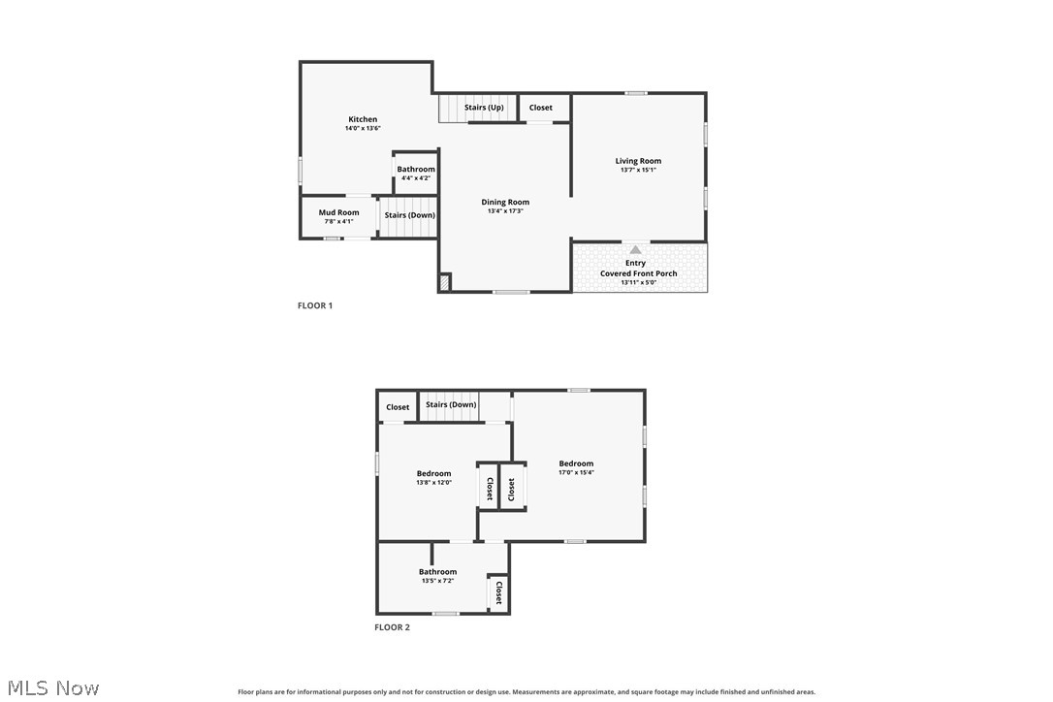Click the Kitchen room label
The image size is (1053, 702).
click(x=363, y=119)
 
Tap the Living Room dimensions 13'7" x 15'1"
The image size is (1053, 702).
click(x=638, y=170)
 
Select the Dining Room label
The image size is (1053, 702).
click(x=505, y=202)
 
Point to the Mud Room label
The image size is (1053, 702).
click(x=338, y=212)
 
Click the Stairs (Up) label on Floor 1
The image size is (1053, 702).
click(x=484, y=108)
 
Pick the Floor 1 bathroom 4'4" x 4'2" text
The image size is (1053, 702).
click(x=416, y=178)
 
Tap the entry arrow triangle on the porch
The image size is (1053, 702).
click(x=635, y=250)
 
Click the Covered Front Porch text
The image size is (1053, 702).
click(x=639, y=273)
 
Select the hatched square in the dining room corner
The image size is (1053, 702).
click(x=445, y=282)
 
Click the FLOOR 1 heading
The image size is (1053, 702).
click(x=315, y=305)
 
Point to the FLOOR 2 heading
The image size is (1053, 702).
click(x=392, y=627)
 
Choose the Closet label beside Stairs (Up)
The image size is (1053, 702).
click(x=541, y=108)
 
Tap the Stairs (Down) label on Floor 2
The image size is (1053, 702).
click(x=451, y=404)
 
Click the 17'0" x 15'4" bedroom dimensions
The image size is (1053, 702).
click(x=576, y=472)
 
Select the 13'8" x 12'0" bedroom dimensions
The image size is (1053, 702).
click(x=433, y=482)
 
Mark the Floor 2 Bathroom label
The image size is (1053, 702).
click(x=438, y=572)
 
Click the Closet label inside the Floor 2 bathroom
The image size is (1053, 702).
click(x=499, y=592)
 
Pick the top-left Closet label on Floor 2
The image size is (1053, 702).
click(x=398, y=407)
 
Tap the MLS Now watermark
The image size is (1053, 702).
click(x=53, y=687)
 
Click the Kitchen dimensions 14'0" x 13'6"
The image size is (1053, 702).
click(x=363, y=128)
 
